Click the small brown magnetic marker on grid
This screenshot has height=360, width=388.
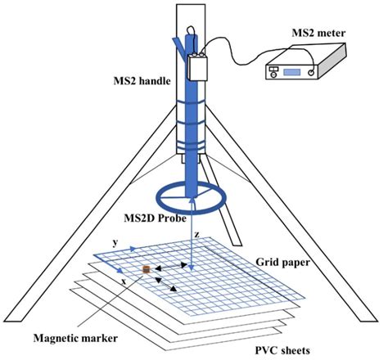click(147, 270)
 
